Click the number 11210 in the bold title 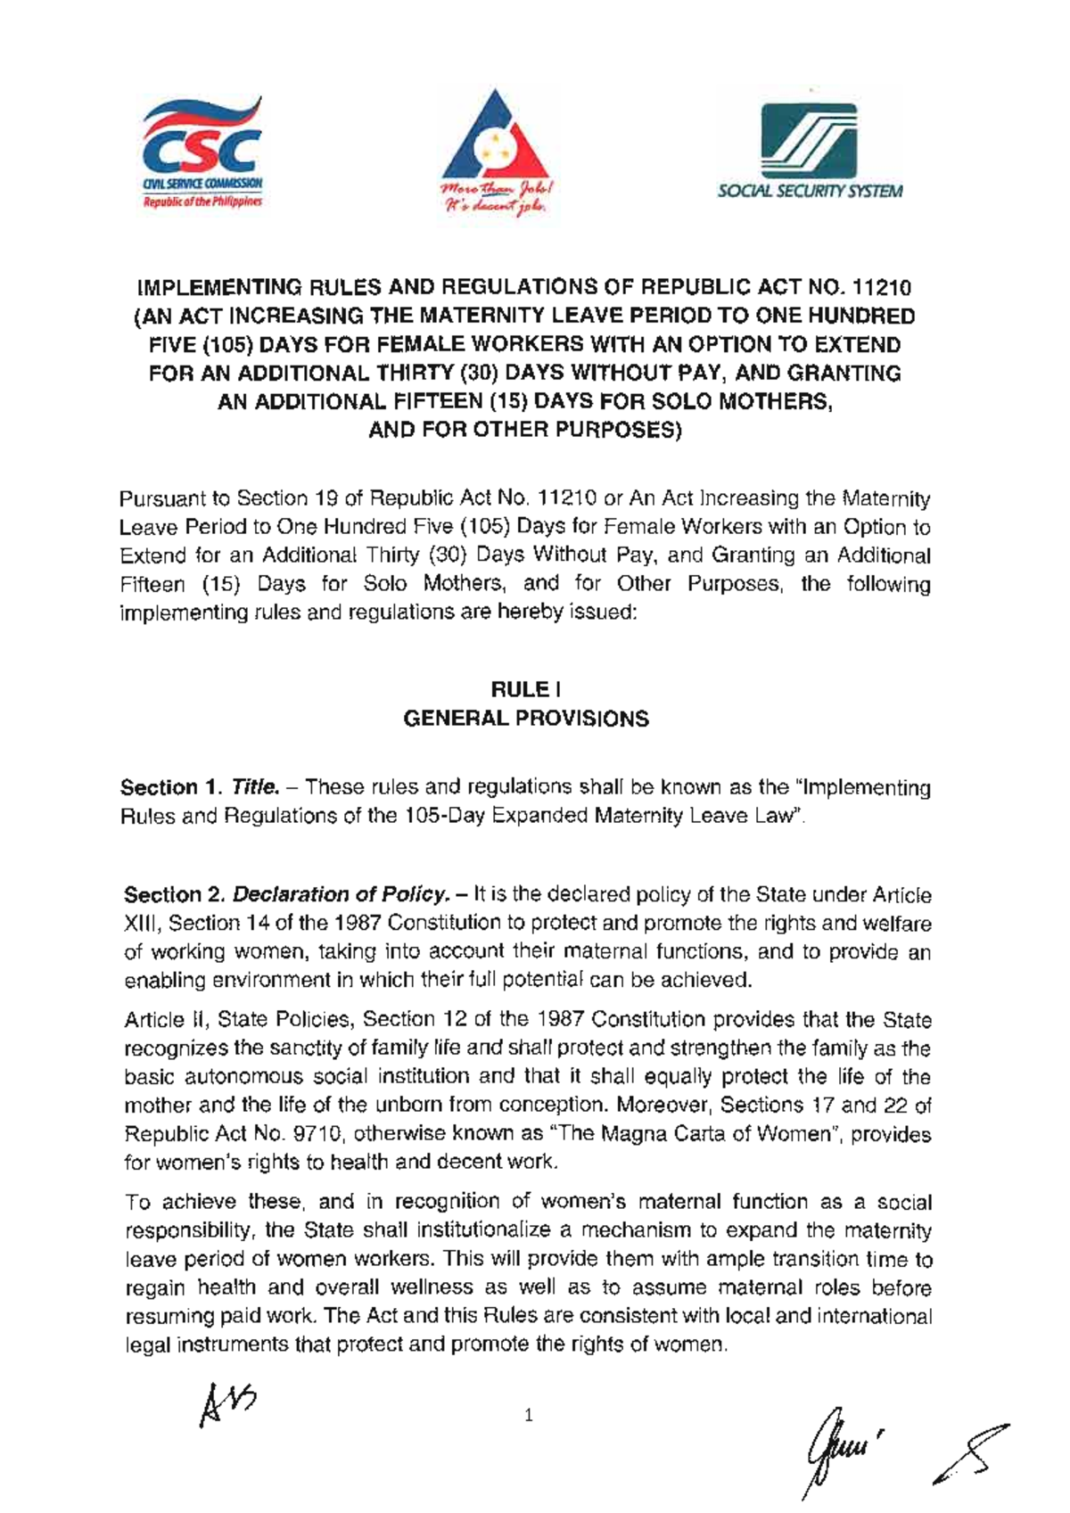click(x=882, y=288)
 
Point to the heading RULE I click(x=526, y=689)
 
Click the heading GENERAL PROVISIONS click(x=526, y=719)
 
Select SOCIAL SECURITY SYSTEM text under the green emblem click(x=810, y=191)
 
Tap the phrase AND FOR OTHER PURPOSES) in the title click(x=526, y=431)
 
